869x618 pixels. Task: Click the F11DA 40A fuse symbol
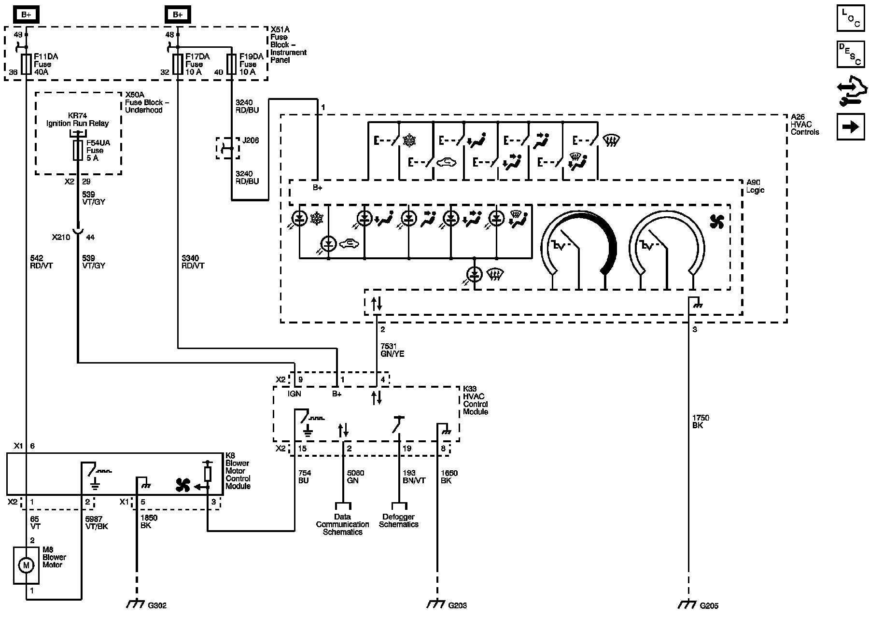26,64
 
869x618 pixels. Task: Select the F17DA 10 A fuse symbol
178,64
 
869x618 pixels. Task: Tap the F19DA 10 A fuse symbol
232,64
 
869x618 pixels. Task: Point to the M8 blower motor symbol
26,565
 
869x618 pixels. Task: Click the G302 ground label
157,605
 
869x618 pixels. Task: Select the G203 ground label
457,605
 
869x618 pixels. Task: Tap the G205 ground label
709,605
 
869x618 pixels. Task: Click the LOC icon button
851,19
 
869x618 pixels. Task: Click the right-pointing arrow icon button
851,127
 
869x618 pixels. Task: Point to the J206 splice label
251,140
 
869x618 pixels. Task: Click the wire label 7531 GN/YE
392,350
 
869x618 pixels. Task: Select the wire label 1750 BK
701,421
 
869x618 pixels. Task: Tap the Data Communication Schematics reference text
342,524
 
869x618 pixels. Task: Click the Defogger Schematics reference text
399,520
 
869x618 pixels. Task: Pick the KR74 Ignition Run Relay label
78,119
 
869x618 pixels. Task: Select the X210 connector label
61,237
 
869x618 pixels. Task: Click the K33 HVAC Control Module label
476,400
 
